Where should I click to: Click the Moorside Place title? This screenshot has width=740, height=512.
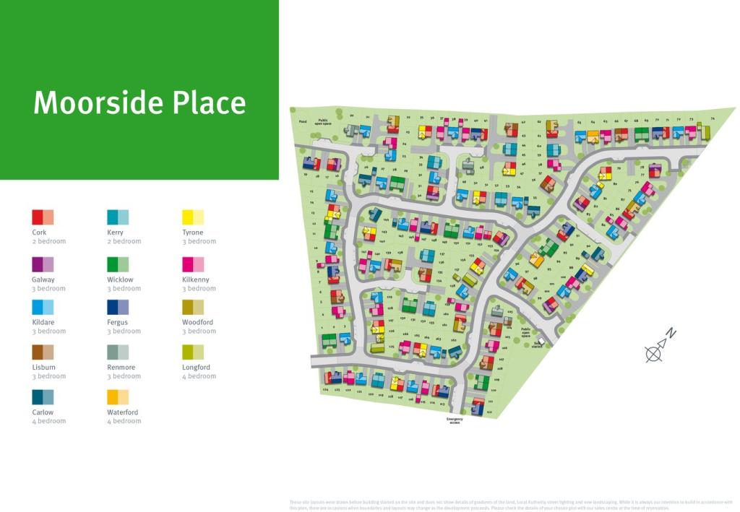coord(139,103)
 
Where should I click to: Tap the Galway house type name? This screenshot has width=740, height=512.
coord(43,279)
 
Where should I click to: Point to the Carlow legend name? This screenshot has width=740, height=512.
coord(43,412)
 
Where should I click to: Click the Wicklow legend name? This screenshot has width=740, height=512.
coord(120,279)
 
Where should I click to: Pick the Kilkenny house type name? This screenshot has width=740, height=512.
coord(197,279)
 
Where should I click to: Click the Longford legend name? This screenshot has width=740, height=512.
coord(197,368)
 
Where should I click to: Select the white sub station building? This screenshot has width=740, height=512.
coord(541,342)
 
